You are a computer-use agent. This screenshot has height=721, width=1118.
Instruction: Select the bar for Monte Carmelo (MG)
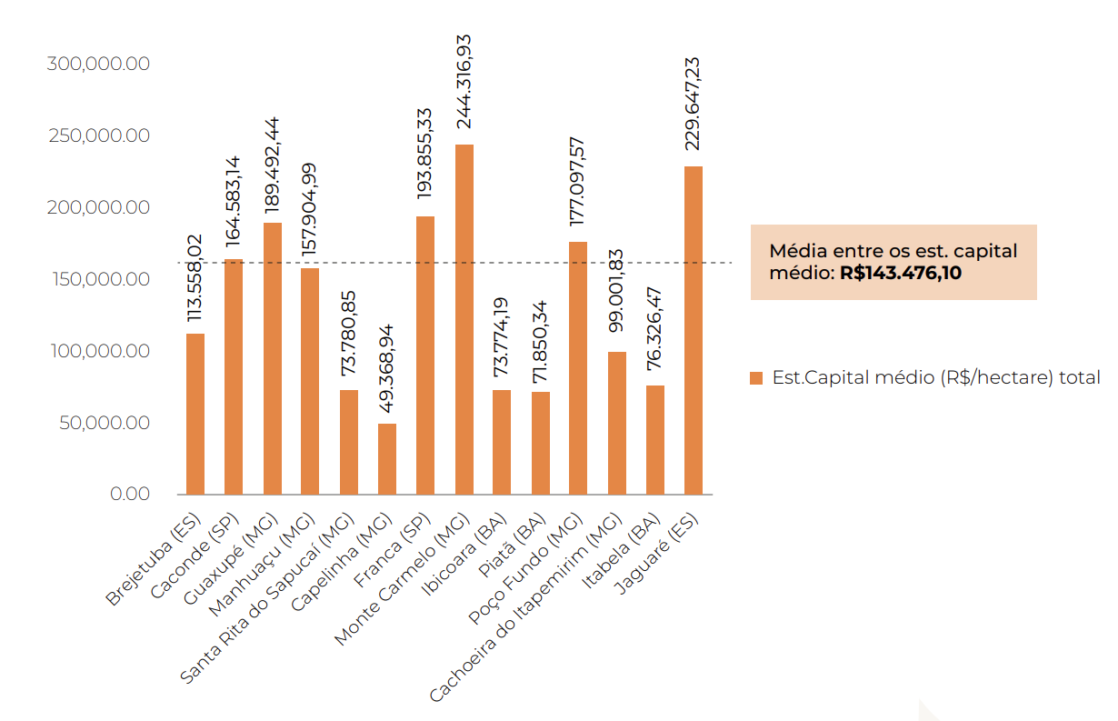click(x=464, y=318)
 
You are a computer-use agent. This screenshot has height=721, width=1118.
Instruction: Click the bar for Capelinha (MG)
click(x=387, y=458)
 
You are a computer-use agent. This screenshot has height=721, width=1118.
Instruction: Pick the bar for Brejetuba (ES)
click(x=195, y=414)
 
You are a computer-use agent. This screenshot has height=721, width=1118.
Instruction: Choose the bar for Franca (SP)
click(x=425, y=355)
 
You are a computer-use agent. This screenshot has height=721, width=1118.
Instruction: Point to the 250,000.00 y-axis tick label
click(x=98, y=136)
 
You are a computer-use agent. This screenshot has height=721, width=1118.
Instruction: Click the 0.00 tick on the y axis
click(x=130, y=495)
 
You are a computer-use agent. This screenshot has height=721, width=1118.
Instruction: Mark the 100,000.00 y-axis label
click(x=98, y=352)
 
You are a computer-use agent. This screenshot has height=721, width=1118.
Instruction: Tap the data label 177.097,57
click(x=578, y=182)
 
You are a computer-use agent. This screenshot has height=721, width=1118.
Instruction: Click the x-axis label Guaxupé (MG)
click(x=231, y=557)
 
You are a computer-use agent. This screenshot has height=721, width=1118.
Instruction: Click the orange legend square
click(x=756, y=378)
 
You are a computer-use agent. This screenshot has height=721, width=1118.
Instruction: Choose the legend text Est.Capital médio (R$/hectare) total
click(x=936, y=377)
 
